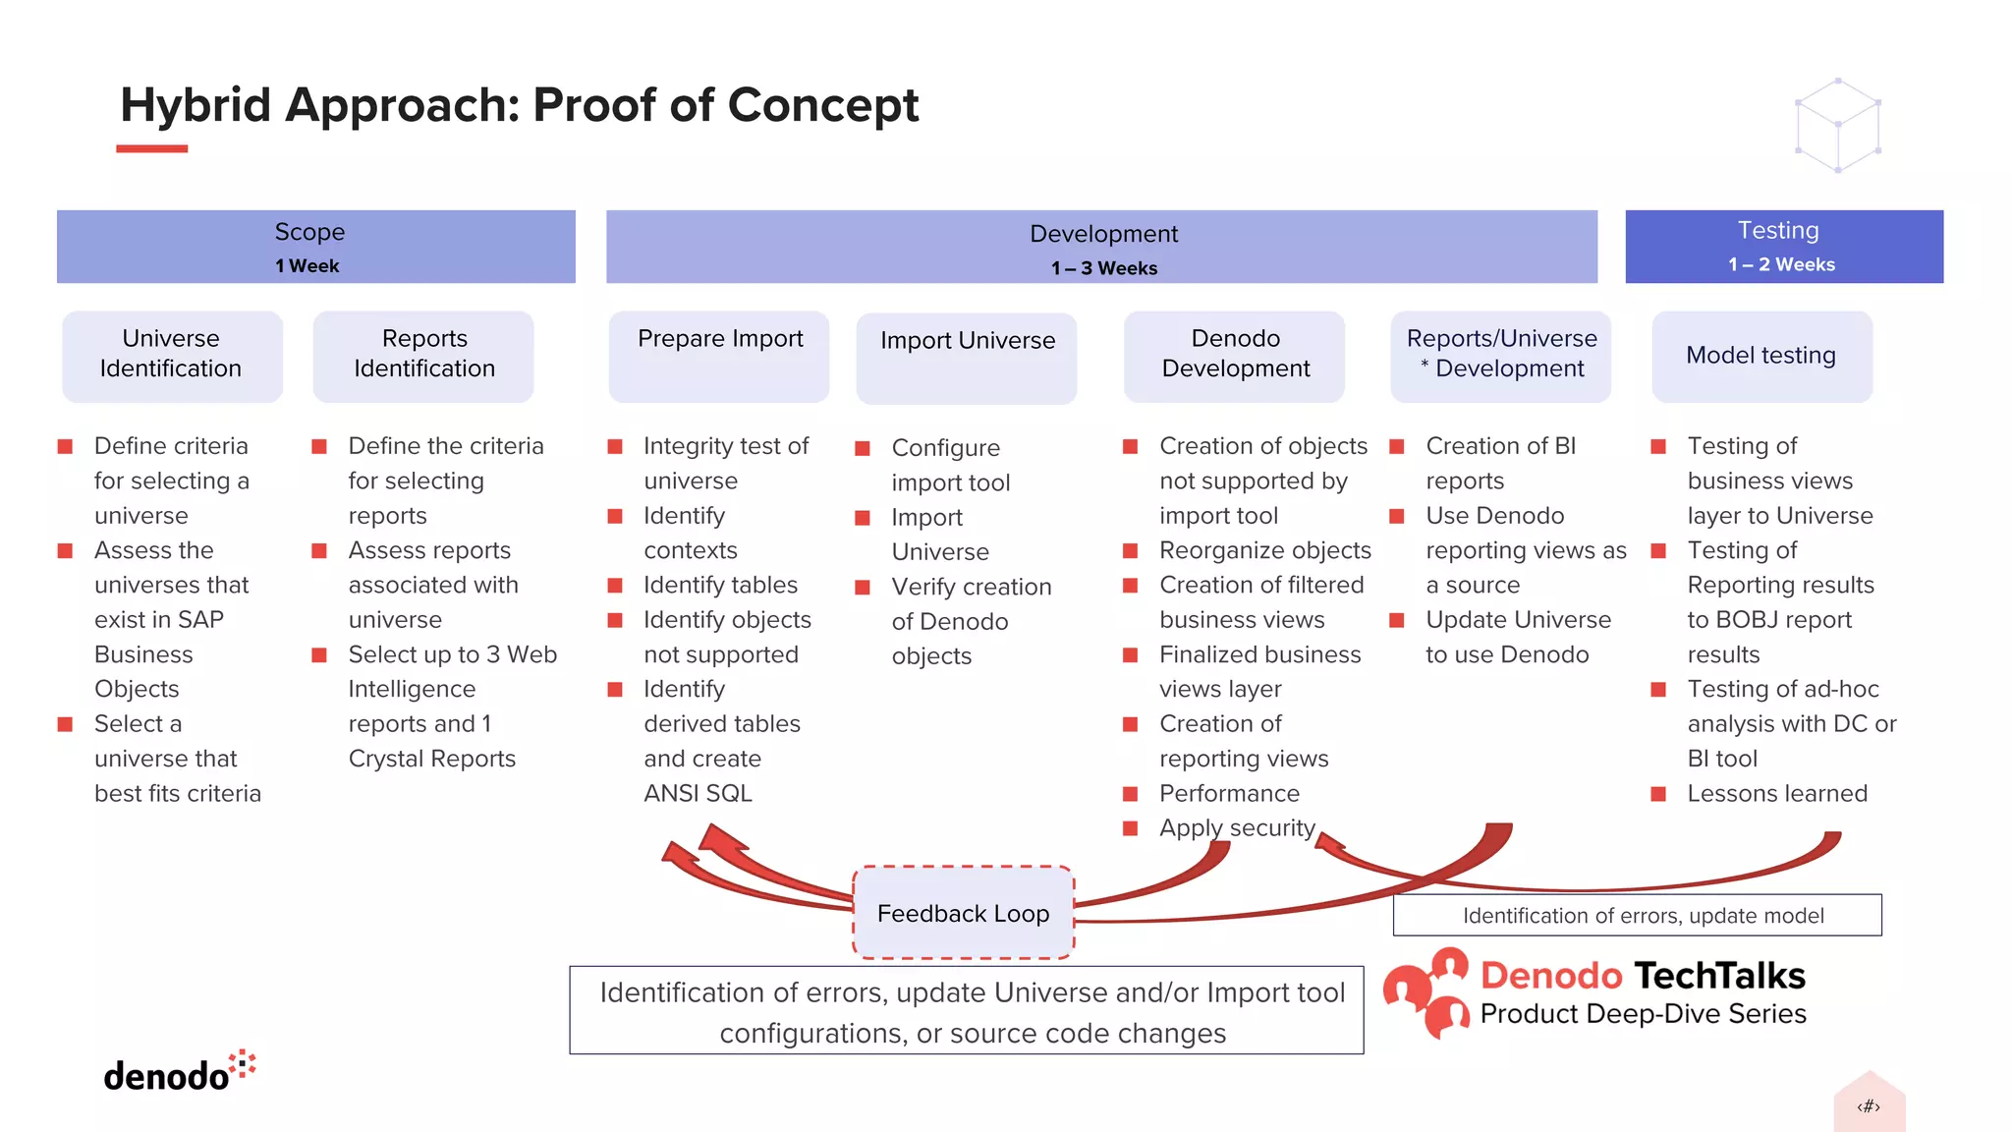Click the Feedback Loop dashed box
pyautogui.click(x=963, y=913)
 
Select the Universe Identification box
pyautogui.click(x=172, y=355)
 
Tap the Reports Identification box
pyautogui.click(x=423, y=355)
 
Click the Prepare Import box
pyautogui.click(x=719, y=355)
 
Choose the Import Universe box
pyautogui.click(x=967, y=357)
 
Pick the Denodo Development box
pyautogui.click(x=1235, y=355)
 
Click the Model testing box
pyautogui.click(x=1761, y=356)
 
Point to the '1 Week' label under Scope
pyautogui.click(x=307, y=266)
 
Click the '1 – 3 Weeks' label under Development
pyautogui.click(x=1103, y=268)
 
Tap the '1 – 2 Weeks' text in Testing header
pyautogui.click(x=1781, y=264)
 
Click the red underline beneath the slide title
pyautogui.click(x=151, y=148)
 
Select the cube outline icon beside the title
pyautogui.click(x=1837, y=126)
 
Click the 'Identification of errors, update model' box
pyautogui.click(x=1637, y=915)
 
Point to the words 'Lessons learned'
pyautogui.click(x=1776, y=793)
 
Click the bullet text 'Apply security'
pyautogui.click(x=1236, y=827)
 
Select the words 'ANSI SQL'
pyautogui.click(x=698, y=793)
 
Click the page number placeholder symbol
pyautogui.click(x=1869, y=1106)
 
